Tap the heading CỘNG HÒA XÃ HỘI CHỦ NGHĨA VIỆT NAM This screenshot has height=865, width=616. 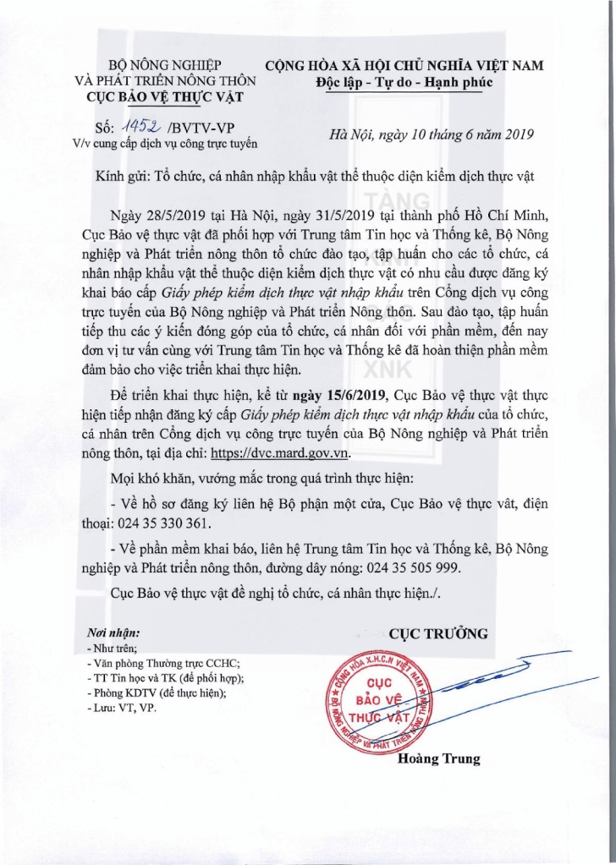tap(404, 65)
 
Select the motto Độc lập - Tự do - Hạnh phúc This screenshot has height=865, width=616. tap(404, 82)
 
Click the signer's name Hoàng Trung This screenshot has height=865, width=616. tap(438, 758)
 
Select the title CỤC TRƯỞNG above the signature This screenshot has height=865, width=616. tap(438, 633)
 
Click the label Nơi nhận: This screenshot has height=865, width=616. tap(114, 633)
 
